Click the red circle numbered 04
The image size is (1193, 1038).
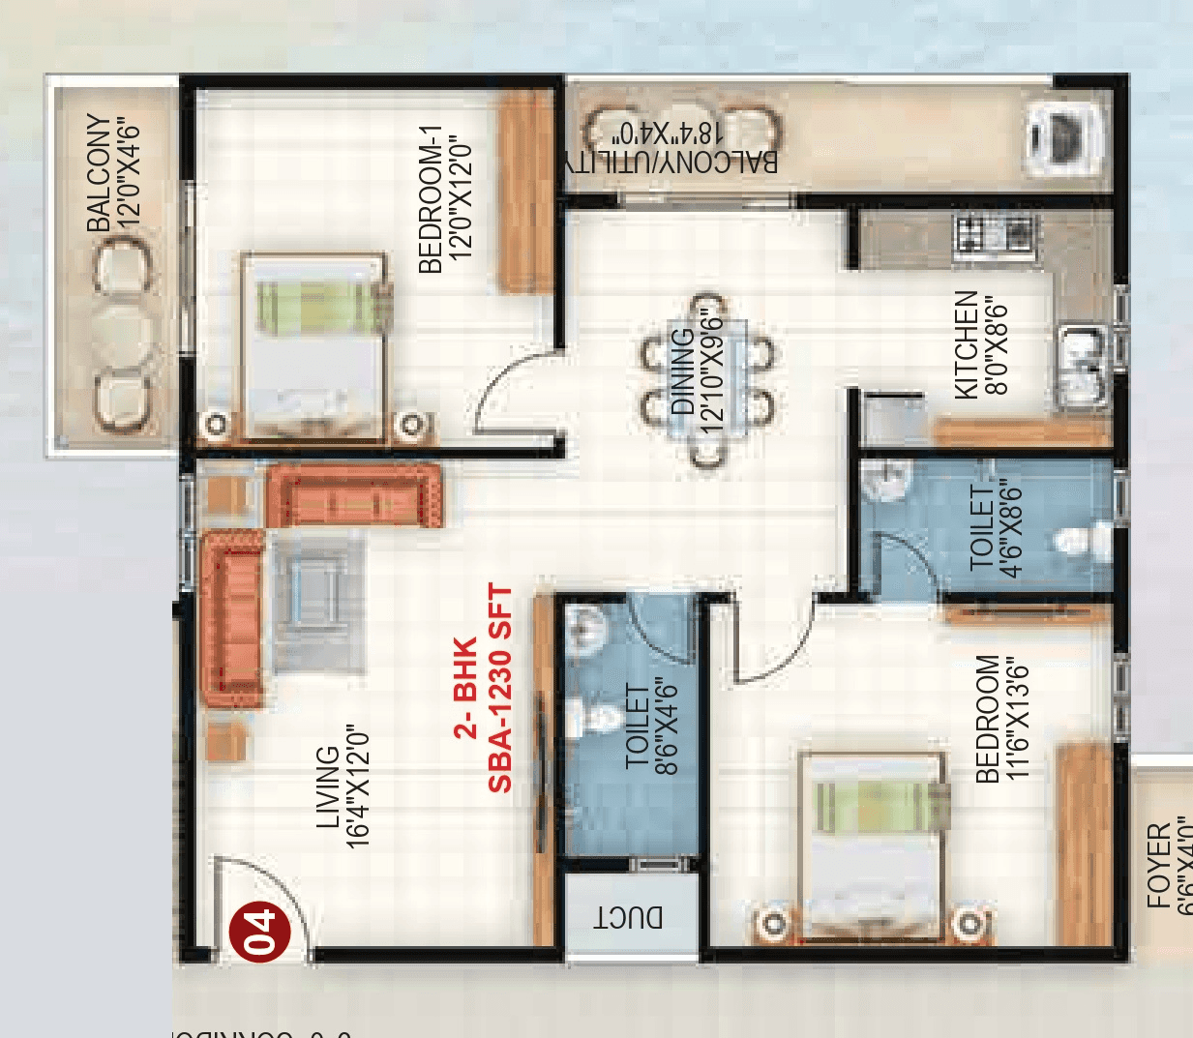(258, 932)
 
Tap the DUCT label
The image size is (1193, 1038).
(629, 917)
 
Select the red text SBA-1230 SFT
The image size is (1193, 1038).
(499, 688)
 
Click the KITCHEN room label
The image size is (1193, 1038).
(967, 344)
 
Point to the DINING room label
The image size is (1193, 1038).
(683, 371)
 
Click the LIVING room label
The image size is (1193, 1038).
(329, 787)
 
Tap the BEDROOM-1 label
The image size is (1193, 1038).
(431, 198)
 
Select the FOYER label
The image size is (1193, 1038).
(1158, 865)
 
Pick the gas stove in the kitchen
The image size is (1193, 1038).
(994, 234)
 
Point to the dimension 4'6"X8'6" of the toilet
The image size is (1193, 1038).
(1011, 527)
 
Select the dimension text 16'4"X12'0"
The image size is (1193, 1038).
(358, 787)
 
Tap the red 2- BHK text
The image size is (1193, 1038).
(465, 688)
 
